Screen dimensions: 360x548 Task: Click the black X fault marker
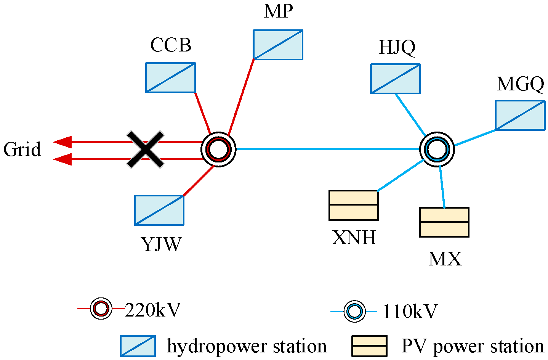click(146, 149)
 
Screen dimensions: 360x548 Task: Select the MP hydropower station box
click(278, 45)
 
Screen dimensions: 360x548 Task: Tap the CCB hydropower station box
click(170, 78)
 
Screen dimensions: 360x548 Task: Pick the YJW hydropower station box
click(159, 210)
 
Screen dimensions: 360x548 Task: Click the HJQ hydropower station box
click(395, 79)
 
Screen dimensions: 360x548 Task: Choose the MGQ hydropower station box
click(520, 115)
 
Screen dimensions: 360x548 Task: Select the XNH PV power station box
click(354, 205)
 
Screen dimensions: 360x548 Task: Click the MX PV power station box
click(444, 222)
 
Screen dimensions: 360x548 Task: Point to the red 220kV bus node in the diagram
click(218, 149)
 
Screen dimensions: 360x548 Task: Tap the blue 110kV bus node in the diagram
click(437, 149)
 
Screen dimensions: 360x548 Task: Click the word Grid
click(22, 149)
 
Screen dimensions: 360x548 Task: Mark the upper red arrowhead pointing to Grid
click(62, 142)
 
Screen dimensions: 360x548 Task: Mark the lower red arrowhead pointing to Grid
click(62, 159)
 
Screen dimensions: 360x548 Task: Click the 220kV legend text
click(152, 310)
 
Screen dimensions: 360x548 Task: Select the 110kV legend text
click(410, 312)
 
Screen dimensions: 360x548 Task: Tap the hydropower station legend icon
click(138, 346)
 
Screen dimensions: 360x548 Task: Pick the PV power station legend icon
click(369, 346)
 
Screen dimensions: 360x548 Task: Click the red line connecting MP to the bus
click(241, 95)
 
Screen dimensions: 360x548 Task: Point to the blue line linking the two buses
click(328, 149)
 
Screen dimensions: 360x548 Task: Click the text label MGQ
click(521, 84)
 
